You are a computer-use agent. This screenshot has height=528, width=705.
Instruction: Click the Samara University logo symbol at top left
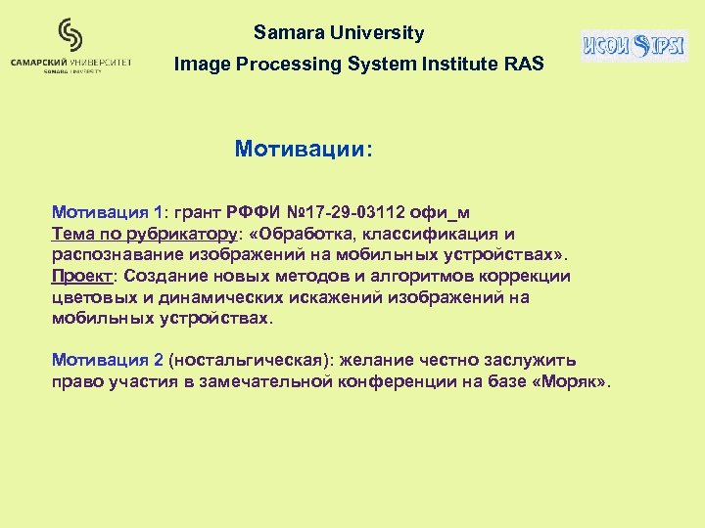70,36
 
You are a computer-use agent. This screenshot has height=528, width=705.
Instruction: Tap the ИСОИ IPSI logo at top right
634,45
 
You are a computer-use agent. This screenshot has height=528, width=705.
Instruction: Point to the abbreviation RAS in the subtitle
523,65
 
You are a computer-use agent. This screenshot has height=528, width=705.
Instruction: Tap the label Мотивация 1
107,212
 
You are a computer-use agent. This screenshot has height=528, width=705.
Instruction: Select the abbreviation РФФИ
255,212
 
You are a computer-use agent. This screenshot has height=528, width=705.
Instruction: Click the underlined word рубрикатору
186,234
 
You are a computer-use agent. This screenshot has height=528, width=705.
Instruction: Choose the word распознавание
111,255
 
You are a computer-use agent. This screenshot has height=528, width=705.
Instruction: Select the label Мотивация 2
107,361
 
